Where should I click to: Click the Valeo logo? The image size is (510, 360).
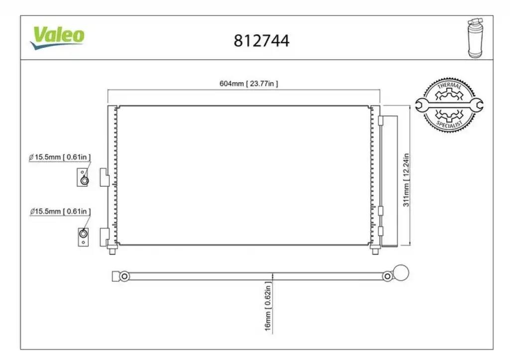[57, 37]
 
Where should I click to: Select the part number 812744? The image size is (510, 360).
[261, 41]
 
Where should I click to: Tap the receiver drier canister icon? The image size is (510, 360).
[475, 38]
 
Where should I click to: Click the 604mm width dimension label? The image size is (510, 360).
[249, 84]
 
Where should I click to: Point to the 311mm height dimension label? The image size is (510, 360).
[406, 180]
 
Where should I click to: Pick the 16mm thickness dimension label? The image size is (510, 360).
[267, 306]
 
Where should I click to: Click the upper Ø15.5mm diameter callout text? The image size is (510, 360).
[60, 157]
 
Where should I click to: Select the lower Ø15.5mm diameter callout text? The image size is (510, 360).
[60, 212]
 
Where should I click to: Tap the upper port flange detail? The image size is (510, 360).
[83, 177]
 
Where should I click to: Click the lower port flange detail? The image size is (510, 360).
[83, 237]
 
